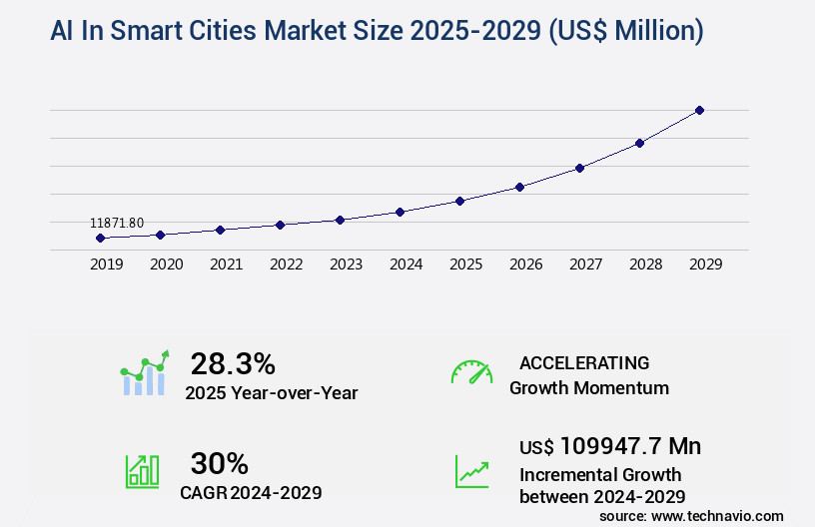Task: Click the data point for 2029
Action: pyautogui.click(x=699, y=110)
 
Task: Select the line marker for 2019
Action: pyautogui.click(x=100, y=238)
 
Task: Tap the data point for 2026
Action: pyautogui.click(x=519, y=187)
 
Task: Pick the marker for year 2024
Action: pyautogui.click(x=400, y=212)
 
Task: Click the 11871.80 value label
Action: pyautogui.click(x=117, y=223)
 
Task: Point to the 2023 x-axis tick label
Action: pyautogui.click(x=346, y=264)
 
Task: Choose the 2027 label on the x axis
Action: pyautogui.click(x=585, y=264)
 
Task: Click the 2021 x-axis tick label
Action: pyautogui.click(x=226, y=264)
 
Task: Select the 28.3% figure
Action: pyautogui.click(x=233, y=363)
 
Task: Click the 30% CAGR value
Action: pyautogui.click(x=219, y=463)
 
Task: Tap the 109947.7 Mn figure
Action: pyautogui.click(x=630, y=445)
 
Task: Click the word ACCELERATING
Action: pyautogui.click(x=584, y=363)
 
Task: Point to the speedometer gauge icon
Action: pyautogui.click(x=471, y=372)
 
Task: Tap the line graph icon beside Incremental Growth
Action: pyautogui.click(x=471, y=471)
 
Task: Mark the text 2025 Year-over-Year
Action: pyautogui.click(x=271, y=393)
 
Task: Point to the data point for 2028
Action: pyautogui.click(x=639, y=143)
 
